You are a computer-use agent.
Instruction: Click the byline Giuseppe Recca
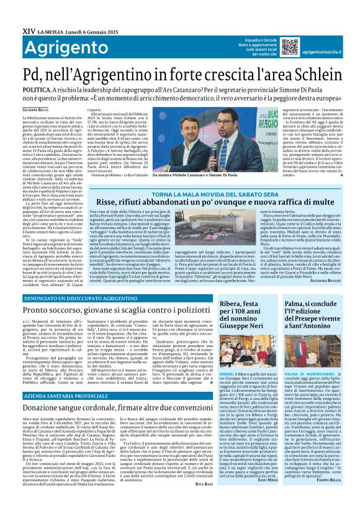[x=22, y=109]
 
